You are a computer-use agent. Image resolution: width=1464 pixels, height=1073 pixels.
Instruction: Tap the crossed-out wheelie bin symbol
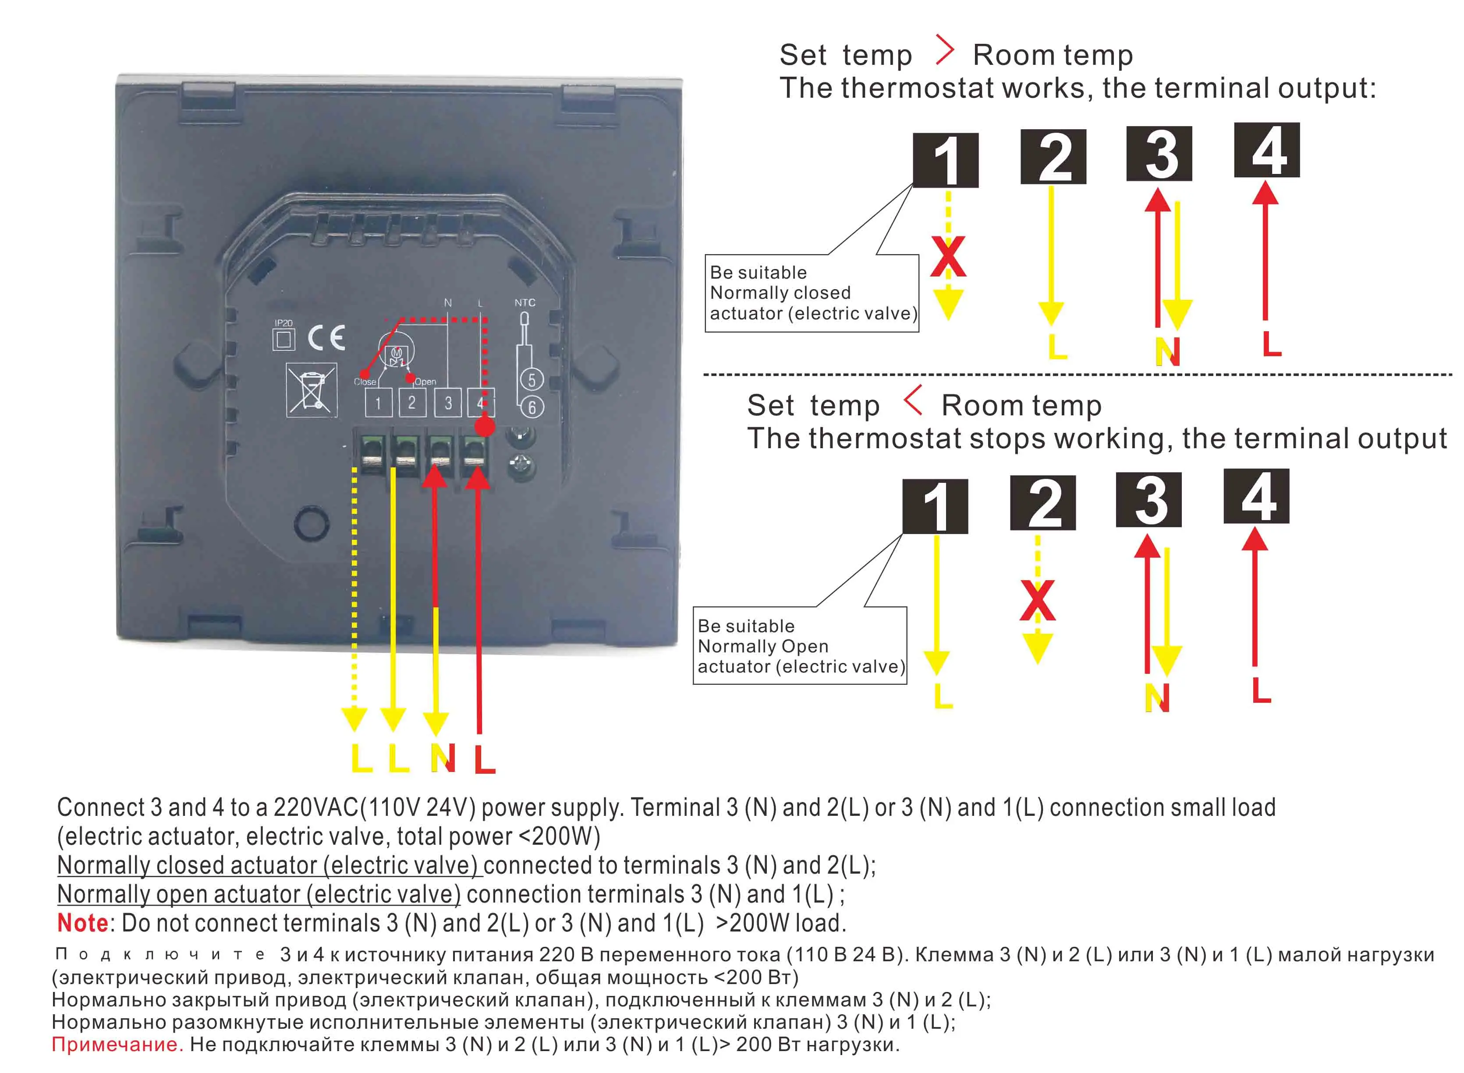click(x=311, y=390)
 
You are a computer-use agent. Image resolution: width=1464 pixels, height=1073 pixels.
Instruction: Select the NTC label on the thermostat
click(x=525, y=303)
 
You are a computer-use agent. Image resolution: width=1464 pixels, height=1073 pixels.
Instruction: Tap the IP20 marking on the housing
click(x=283, y=323)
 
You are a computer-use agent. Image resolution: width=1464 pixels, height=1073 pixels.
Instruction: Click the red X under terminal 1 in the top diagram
click(x=948, y=257)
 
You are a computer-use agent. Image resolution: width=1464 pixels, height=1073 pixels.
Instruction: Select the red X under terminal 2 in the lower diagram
click(x=1037, y=601)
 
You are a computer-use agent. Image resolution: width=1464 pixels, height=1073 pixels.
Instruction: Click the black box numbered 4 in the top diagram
click(x=1266, y=150)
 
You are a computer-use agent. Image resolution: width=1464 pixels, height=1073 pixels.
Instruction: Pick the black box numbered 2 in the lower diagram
click(x=1042, y=503)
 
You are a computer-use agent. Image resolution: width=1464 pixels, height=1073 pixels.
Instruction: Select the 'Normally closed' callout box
click(x=812, y=293)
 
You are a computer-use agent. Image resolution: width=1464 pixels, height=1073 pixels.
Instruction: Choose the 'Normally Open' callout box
click(x=800, y=646)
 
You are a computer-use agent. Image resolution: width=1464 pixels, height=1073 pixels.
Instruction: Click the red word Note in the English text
click(x=82, y=923)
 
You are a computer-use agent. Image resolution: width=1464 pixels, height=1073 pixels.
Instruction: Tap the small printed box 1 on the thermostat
click(x=377, y=403)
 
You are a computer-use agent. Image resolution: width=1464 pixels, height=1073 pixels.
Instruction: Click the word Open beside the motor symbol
click(x=425, y=382)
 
